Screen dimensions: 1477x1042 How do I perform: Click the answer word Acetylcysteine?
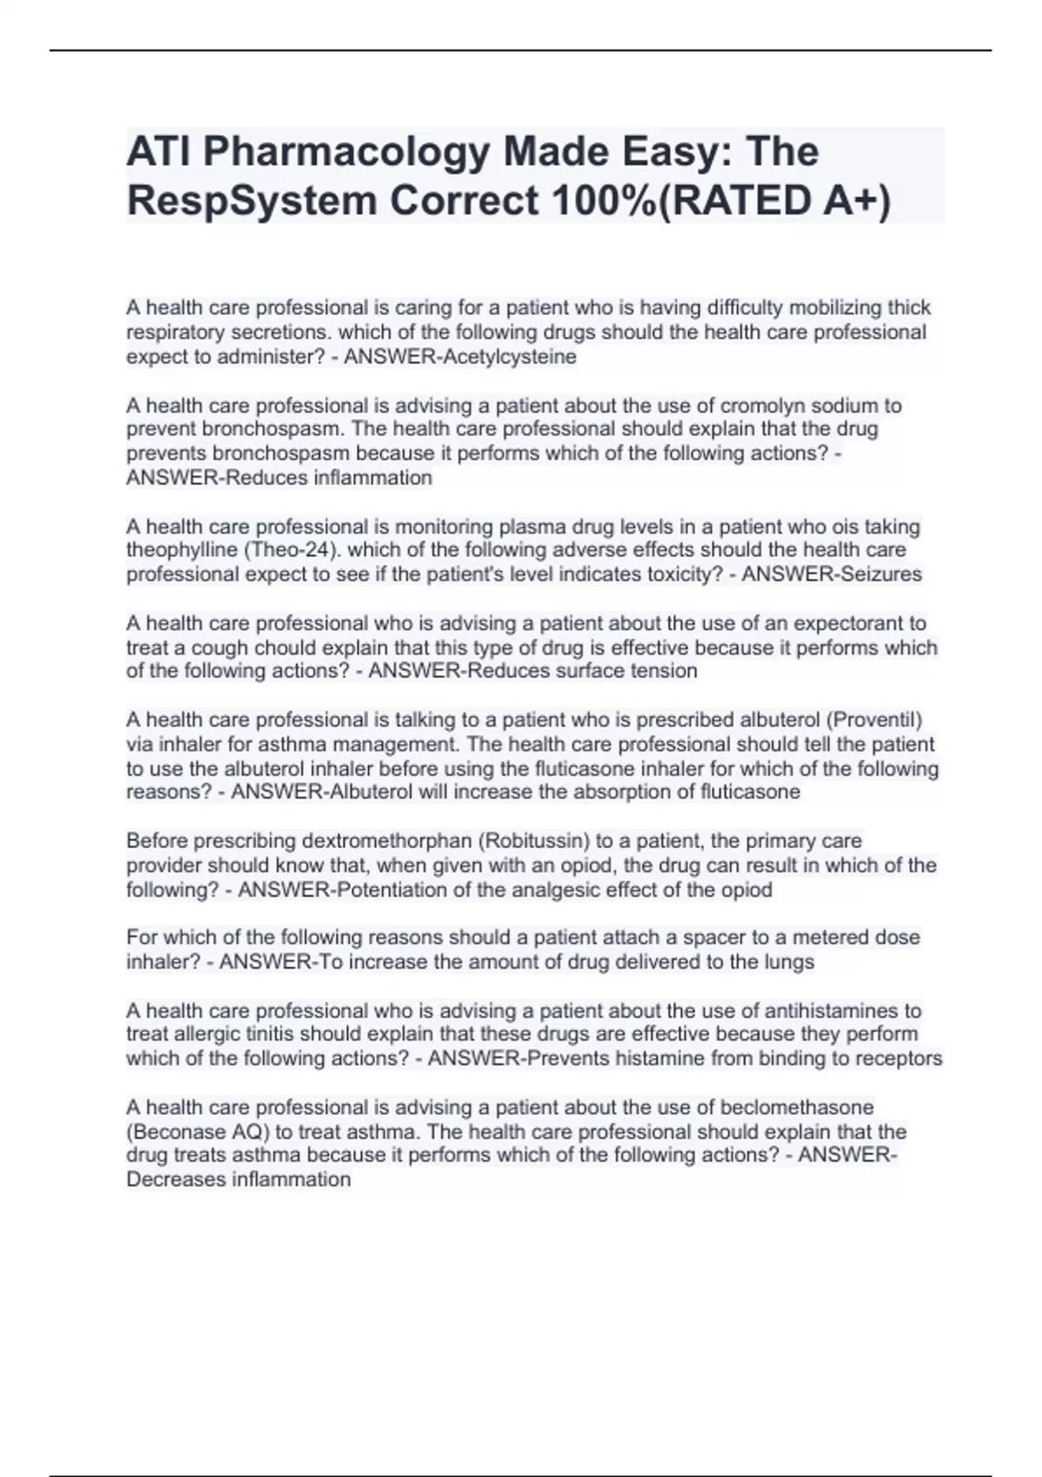coord(509,357)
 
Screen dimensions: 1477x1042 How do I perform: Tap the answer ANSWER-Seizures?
coord(832,574)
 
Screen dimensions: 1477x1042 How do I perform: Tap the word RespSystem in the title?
coord(252,202)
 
